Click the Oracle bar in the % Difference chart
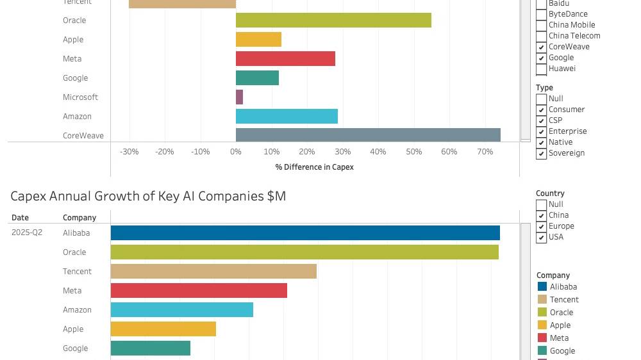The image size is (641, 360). pos(333,20)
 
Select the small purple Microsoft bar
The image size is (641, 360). pos(239,97)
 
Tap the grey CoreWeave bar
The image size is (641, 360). pos(368,135)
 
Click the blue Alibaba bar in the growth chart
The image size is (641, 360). pos(305,233)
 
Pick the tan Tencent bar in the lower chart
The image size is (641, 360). pos(213,271)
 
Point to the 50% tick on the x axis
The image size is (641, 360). pos(413,152)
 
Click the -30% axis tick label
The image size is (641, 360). pos(129,152)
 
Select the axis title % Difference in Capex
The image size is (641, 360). pos(314,167)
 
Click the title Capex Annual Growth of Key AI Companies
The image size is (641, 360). pos(148,196)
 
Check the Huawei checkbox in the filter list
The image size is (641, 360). pos(541,69)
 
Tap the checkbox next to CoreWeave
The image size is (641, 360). pos(541,47)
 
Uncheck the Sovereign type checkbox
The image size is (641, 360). pos(541,153)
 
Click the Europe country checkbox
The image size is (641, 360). pos(541,226)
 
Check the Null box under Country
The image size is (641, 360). pos(541,204)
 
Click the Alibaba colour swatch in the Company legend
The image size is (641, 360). pos(542,287)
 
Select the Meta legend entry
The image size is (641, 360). pos(559,338)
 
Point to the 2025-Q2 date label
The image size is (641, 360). pos(27,233)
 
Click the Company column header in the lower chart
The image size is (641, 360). pos(79,218)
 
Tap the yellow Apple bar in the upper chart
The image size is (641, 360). pos(258,39)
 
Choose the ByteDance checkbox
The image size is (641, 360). pos(541,14)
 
